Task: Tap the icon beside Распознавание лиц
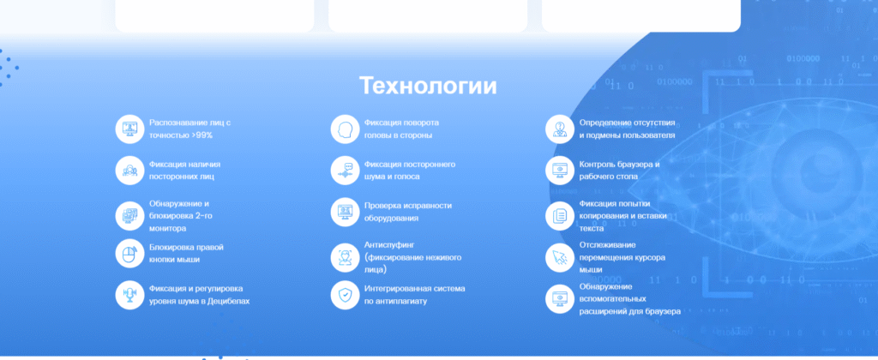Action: coord(130,129)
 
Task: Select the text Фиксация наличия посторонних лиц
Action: coord(185,171)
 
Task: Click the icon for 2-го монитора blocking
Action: coord(130,215)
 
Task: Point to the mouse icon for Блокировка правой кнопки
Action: coord(130,254)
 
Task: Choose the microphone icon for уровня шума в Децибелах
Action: coord(130,295)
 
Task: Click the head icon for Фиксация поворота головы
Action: coord(345,129)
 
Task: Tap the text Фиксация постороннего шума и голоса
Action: coord(410,171)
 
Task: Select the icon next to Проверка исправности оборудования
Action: coord(345,213)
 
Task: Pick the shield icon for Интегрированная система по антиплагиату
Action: coord(345,295)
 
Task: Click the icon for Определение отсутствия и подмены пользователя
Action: coord(560,129)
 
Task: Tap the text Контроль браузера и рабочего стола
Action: coord(619,171)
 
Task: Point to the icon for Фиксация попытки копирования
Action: coord(560,215)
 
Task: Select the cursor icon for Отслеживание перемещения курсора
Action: coord(560,257)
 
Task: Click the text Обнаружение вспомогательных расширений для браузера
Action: coord(630,299)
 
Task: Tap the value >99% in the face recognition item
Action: coord(201,135)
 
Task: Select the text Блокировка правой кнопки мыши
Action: coord(186,253)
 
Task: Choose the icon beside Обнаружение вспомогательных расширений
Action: coord(560,299)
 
